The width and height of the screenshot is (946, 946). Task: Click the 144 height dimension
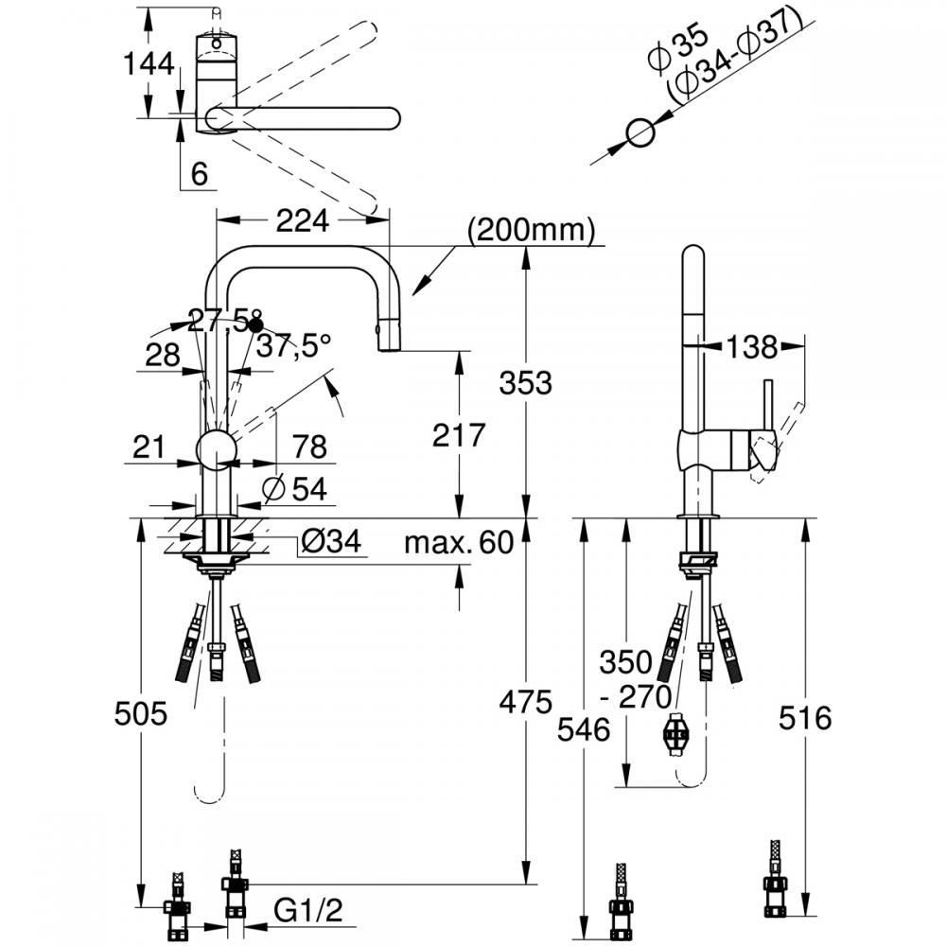(x=149, y=64)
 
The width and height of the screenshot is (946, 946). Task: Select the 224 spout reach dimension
(x=303, y=220)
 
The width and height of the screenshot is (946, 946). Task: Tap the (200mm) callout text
(x=532, y=229)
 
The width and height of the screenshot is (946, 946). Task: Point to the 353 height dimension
(x=525, y=383)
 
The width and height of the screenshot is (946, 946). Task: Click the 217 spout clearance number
(x=459, y=435)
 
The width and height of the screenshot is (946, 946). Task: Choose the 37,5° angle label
(x=294, y=346)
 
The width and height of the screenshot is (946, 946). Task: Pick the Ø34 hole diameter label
(x=331, y=540)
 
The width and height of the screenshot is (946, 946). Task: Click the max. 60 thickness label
(x=459, y=542)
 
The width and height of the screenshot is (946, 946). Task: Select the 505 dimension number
(x=141, y=713)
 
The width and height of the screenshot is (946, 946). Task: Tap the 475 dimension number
(x=525, y=702)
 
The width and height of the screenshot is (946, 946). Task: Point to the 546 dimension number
(x=584, y=729)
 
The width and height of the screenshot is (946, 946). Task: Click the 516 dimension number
(x=805, y=718)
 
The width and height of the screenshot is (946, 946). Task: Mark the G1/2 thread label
(x=307, y=910)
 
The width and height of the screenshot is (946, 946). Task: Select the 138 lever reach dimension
(x=752, y=347)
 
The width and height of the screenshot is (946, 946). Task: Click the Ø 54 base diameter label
(x=295, y=489)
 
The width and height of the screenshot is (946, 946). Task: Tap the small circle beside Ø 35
(x=640, y=133)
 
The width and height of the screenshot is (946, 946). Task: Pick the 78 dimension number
(x=310, y=447)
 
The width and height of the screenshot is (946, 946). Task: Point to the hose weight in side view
(x=675, y=734)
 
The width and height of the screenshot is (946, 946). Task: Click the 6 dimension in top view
(x=199, y=174)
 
